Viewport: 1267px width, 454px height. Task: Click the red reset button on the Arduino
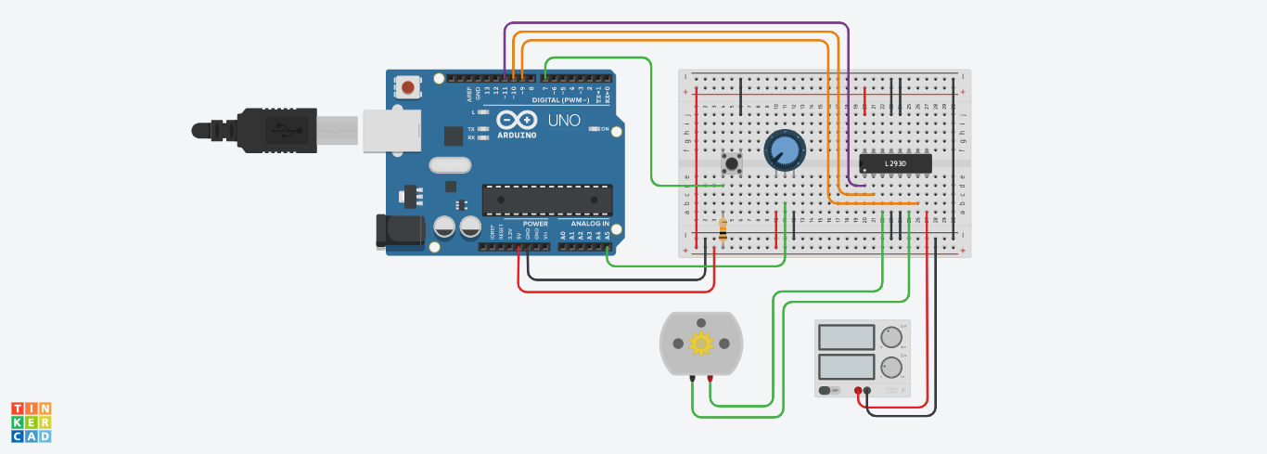[407, 87]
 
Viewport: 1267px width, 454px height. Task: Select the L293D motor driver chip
[895, 163]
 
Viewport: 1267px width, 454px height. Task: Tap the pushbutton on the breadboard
[734, 164]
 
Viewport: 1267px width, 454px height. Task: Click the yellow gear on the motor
[701, 344]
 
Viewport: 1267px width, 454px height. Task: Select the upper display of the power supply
[846, 336]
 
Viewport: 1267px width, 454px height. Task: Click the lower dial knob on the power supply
[892, 365]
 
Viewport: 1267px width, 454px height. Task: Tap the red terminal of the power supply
[859, 391]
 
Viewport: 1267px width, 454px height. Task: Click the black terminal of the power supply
[868, 391]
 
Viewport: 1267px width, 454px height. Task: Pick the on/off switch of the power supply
[827, 391]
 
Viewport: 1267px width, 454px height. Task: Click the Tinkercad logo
[32, 422]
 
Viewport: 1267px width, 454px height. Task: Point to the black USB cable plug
[269, 128]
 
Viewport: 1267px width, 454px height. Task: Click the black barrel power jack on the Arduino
[393, 231]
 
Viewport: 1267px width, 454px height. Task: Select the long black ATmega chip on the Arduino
[547, 199]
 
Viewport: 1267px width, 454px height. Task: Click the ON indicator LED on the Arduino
[595, 129]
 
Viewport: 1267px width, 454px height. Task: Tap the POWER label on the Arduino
[535, 224]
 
